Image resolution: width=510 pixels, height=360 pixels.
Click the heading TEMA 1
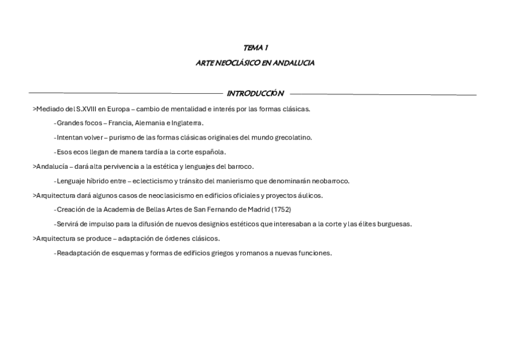pos(255,47)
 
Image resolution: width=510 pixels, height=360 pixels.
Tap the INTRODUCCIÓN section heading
pos(255,94)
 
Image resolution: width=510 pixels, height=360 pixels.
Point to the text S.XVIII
pos(85,109)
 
